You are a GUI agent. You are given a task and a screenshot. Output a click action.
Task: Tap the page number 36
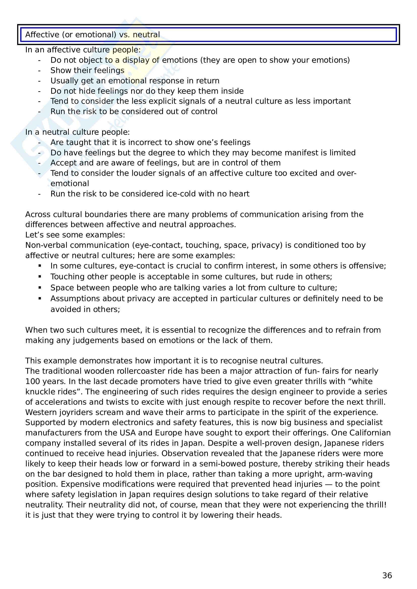(387, 575)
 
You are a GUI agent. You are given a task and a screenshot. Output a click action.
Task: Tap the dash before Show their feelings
(39, 71)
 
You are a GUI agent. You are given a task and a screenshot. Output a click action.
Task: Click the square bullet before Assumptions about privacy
(40, 298)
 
